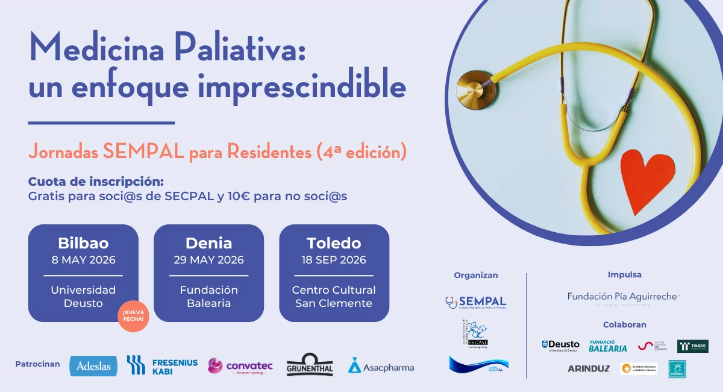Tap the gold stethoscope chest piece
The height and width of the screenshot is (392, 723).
point(475,89)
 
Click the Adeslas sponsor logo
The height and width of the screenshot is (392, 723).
point(93,365)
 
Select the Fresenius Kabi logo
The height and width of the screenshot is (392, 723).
point(161,365)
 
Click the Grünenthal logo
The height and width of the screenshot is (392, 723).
point(310,365)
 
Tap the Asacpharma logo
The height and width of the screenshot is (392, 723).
point(381,366)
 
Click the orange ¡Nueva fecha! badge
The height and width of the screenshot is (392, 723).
point(133,316)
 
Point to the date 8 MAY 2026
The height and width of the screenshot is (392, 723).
point(83,261)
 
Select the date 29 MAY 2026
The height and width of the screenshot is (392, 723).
point(208,261)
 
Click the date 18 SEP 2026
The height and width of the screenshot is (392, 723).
point(334,261)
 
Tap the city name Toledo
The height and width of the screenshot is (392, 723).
point(334,243)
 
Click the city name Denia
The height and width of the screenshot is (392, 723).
point(208,243)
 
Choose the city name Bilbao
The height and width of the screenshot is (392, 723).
point(83,243)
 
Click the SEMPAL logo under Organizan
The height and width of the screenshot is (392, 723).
point(476,302)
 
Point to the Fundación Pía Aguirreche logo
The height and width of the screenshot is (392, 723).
point(624,297)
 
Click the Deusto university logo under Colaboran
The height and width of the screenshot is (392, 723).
point(560,346)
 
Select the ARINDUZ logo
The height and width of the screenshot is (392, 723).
point(588,368)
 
